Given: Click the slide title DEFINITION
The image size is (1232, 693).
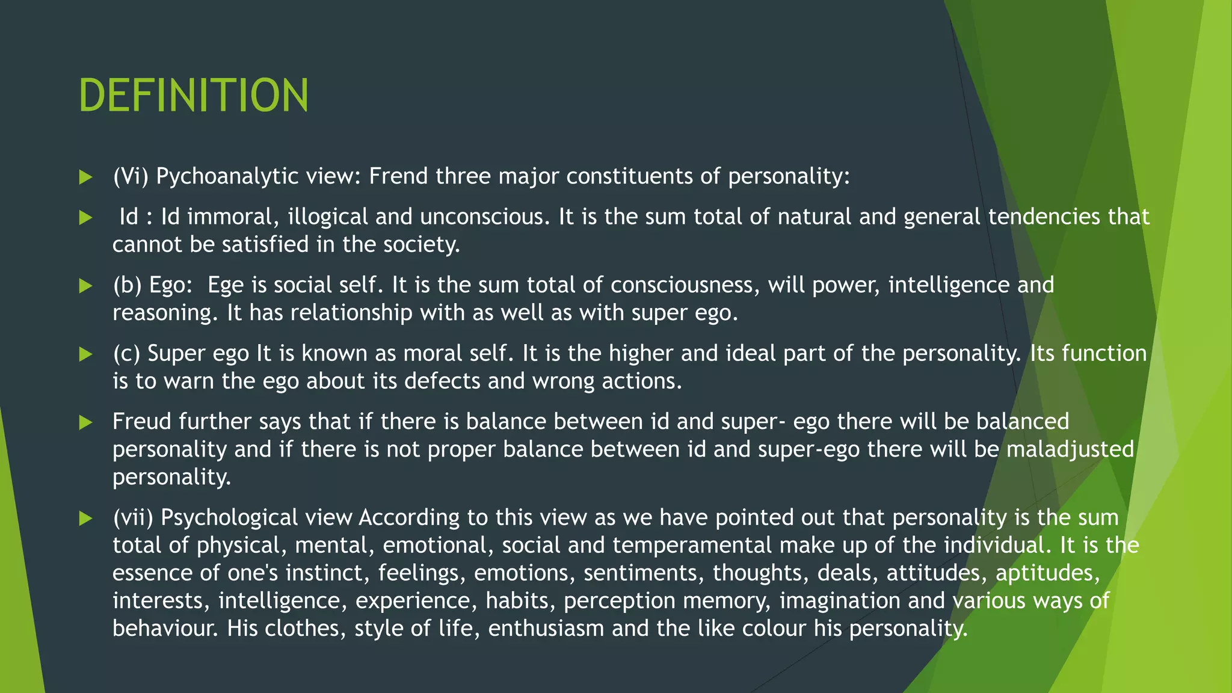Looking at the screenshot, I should point(193,95).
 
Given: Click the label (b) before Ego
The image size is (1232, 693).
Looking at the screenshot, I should point(127,285).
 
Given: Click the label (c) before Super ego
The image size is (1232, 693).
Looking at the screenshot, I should point(126,354).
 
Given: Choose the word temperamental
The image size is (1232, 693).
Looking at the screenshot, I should point(692,545).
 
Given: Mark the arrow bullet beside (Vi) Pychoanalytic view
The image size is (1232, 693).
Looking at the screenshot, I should point(85,177).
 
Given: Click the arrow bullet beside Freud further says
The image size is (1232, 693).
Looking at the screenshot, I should point(85,422).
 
